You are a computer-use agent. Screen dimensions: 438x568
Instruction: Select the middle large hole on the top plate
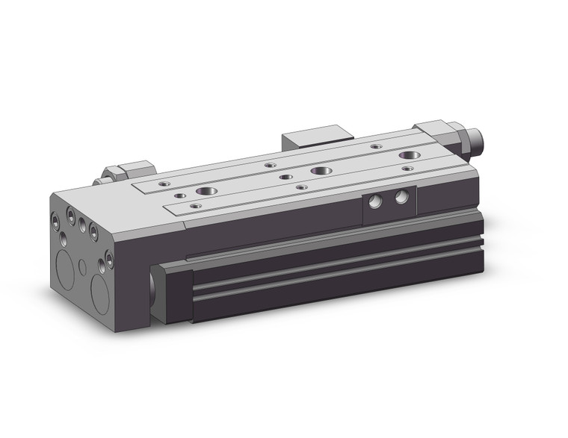(x=321, y=171)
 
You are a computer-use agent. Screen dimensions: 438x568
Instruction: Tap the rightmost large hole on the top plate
(x=408, y=156)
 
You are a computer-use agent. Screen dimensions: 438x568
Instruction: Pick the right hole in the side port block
(x=402, y=197)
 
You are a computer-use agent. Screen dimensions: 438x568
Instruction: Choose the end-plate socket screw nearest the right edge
(x=109, y=258)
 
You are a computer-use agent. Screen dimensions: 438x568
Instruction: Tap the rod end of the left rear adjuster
(x=98, y=181)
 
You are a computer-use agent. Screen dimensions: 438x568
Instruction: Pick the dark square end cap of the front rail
(x=172, y=292)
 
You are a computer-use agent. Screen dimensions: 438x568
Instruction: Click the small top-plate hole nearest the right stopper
(x=407, y=169)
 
